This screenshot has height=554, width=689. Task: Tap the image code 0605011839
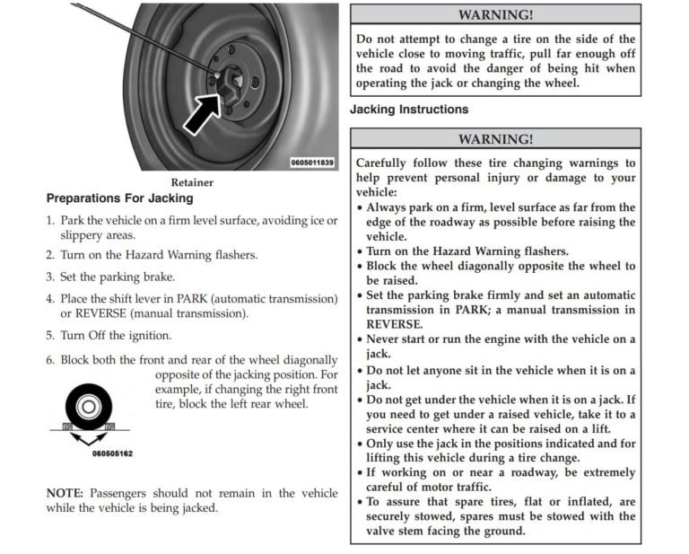312,163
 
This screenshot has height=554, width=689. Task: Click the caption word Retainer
191,182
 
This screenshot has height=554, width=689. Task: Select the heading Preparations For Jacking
119,198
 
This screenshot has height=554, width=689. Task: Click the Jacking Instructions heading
409,110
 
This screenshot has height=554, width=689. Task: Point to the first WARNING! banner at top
495,15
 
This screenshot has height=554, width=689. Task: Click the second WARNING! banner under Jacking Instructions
495,138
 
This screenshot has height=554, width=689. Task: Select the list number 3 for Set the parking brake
50,277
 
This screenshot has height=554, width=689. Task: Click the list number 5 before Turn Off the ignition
50,336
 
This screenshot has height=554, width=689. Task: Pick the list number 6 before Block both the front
50,359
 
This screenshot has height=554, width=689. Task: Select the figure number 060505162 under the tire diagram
112,454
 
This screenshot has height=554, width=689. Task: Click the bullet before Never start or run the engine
360,340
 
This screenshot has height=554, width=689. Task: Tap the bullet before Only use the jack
360,444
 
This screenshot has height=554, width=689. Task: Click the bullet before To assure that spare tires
360,502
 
